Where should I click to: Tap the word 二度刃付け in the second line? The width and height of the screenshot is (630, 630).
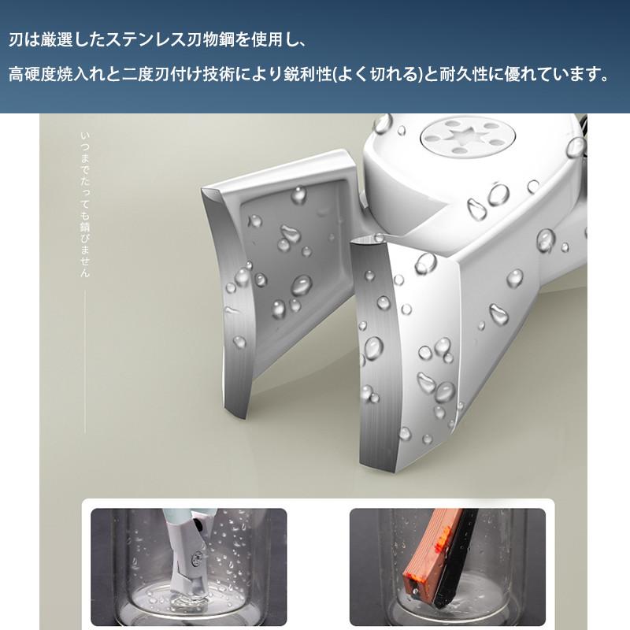click(162, 75)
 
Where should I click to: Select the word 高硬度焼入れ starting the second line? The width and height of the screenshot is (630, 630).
click(57, 75)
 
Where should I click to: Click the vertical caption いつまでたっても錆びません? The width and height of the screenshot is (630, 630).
click(85, 205)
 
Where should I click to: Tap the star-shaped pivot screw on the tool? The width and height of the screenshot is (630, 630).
click(467, 139)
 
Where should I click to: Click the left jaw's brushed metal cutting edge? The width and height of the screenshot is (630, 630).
click(231, 302)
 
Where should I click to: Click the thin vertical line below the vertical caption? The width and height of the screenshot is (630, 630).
click(85, 361)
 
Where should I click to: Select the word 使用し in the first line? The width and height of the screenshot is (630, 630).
click(273, 40)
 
